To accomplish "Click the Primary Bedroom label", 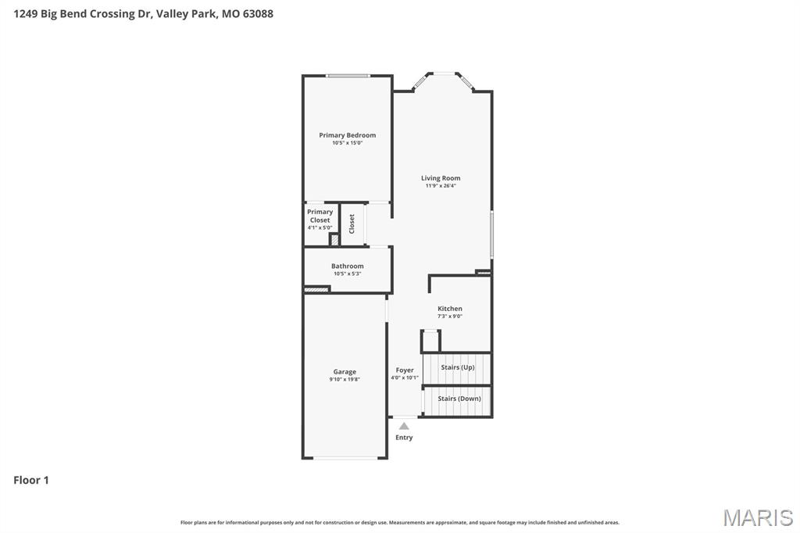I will (x=347, y=135).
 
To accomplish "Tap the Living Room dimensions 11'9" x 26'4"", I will (x=441, y=186).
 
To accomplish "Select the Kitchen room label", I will (x=449, y=309).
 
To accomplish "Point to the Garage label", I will (x=345, y=372).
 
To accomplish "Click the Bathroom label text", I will (x=347, y=266).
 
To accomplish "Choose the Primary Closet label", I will (x=320, y=216).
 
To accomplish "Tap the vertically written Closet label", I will (x=352, y=224).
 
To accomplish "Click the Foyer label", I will (x=405, y=370).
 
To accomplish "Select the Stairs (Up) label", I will (x=457, y=367).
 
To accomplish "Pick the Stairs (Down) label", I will (x=459, y=399).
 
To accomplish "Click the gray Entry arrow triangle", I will (x=404, y=426).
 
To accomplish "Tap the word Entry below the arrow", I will (x=404, y=438).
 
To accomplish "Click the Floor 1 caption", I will (x=31, y=480).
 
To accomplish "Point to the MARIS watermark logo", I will (x=757, y=517).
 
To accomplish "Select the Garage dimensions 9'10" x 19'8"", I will (x=345, y=379).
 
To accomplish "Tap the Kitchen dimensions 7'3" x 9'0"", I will (x=449, y=317).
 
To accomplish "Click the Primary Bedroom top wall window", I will (x=348, y=76).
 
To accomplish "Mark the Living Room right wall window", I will (x=491, y=234).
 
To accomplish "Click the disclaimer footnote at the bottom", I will (x=399, y=522).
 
